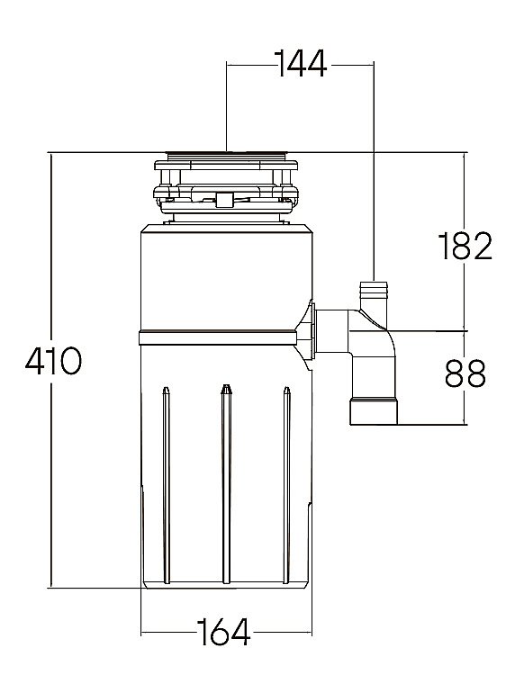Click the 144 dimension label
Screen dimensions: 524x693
click(300, 64)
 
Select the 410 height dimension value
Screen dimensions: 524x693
click(53, 361)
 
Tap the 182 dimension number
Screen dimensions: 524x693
click(465, 246)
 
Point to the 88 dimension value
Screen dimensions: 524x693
click(465, 373)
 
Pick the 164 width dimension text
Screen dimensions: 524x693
click(223, 632)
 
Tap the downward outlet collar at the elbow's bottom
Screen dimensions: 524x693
click(374, 411)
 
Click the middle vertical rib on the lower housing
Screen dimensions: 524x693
click(226, 484)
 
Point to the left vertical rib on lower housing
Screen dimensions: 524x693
click(167, 485)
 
